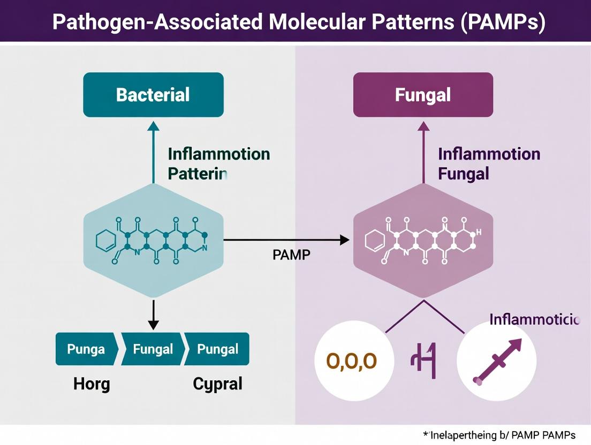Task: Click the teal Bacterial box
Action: (153, 95)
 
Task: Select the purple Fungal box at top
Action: (423, 95)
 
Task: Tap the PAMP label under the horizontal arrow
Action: (291, 255)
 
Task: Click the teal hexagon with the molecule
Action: (153, 241)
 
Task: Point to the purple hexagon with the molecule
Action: (423, 241)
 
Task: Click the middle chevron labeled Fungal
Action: (153, 349)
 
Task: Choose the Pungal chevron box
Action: (217, 349)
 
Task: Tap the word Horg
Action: (91, 383)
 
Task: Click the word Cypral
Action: (217, 383)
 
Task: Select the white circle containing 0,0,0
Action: (351, 360)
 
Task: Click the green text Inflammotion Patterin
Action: (218, 164)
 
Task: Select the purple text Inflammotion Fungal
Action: (488, 164)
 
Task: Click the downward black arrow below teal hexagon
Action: (154, 314)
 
